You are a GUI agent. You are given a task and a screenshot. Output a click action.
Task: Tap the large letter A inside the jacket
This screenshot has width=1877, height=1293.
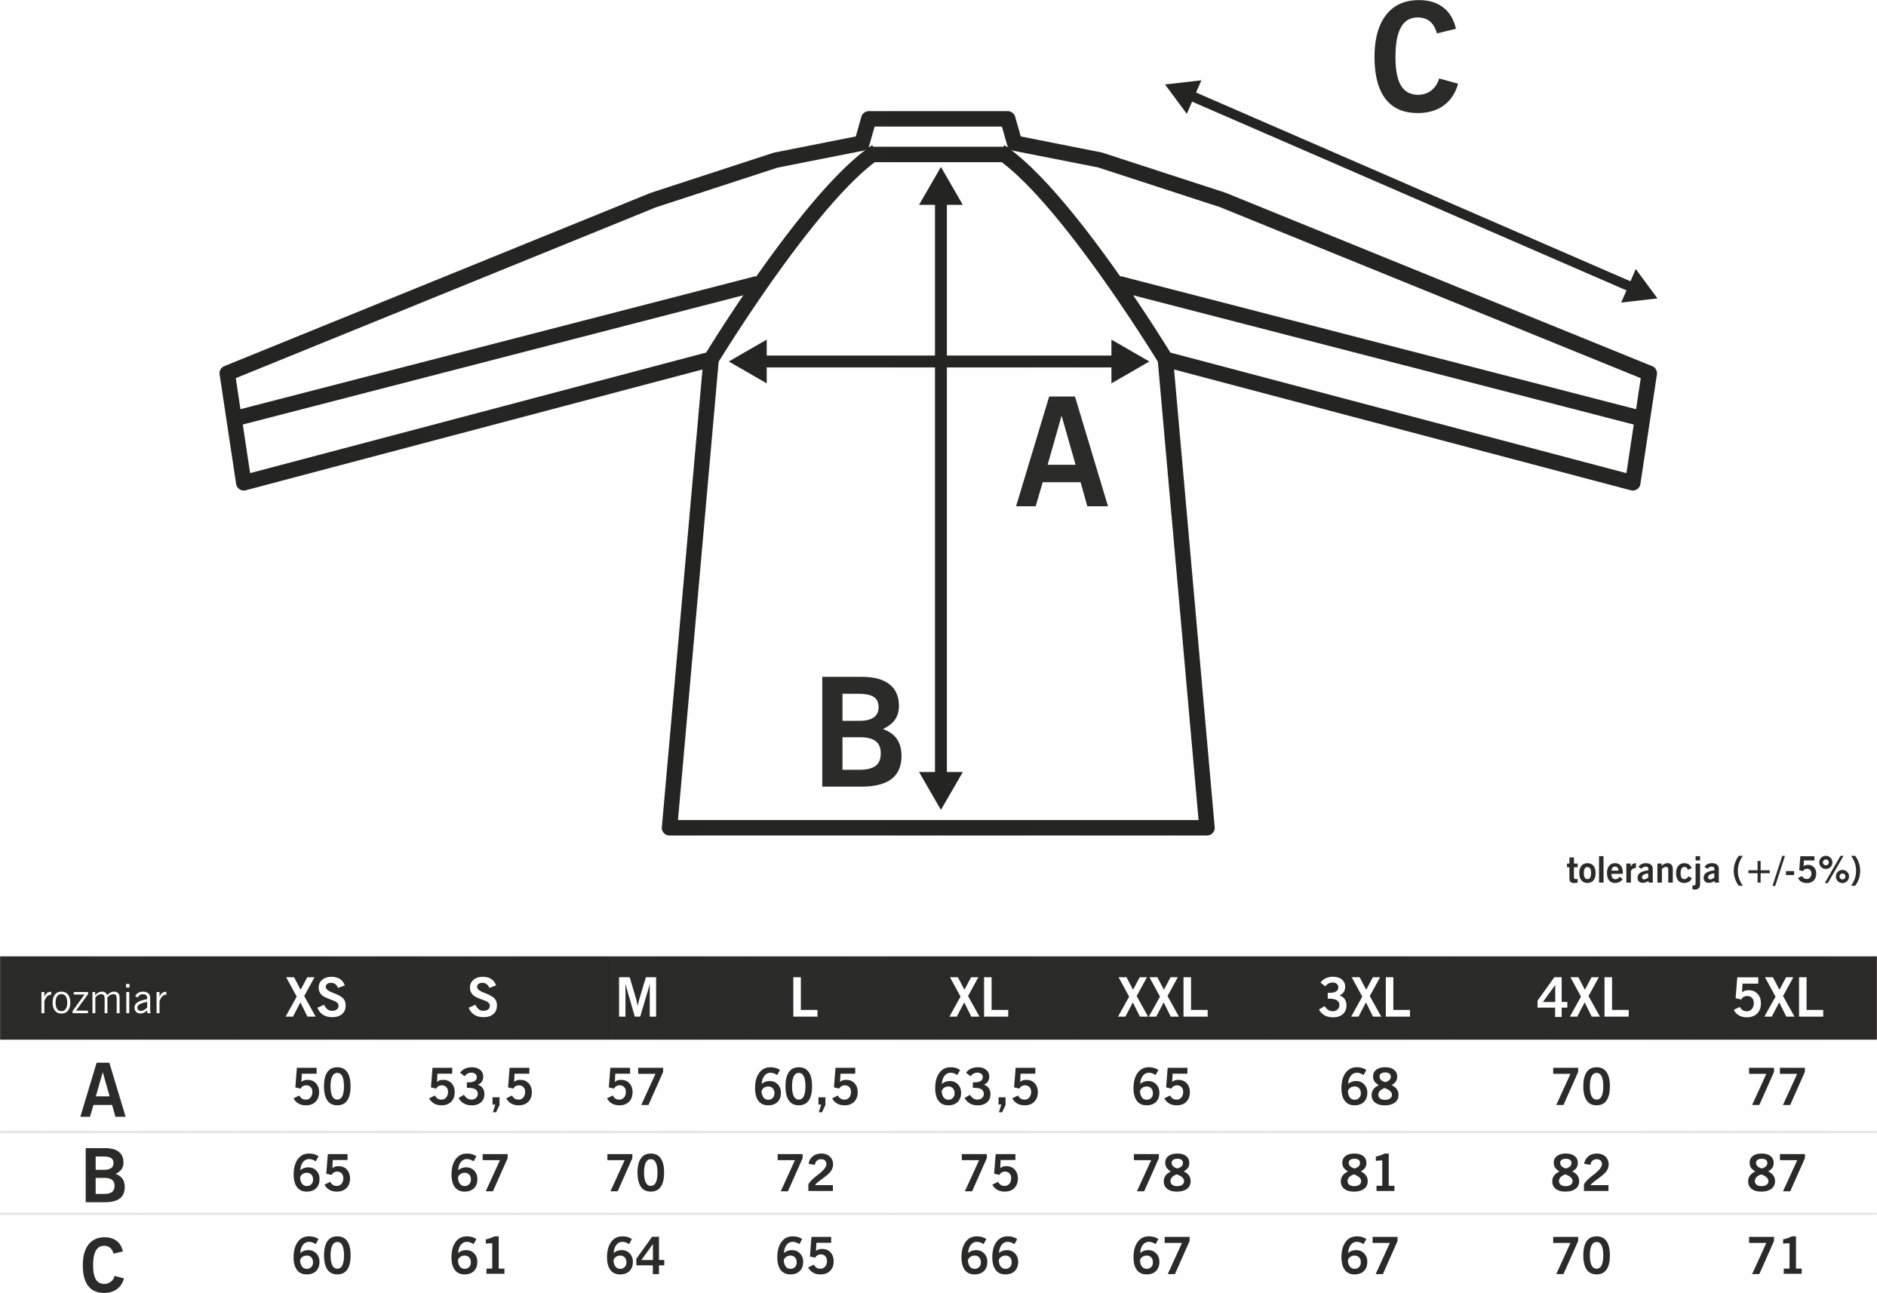tap(1061, 452)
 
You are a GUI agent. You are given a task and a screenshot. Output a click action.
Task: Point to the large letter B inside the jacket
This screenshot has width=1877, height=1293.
tap(859, 732)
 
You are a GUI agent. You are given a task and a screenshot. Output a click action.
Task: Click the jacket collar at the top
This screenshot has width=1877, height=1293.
tap(938, 131)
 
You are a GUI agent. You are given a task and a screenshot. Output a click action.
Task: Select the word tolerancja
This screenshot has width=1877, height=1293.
tap(1643, 871)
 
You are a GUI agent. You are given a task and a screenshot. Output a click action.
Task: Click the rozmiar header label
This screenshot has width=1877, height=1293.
tap(102, 1000)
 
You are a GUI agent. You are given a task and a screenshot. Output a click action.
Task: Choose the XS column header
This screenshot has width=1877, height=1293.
tap(316, 998)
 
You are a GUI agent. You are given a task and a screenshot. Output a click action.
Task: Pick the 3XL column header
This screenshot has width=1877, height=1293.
tap(1364, 998)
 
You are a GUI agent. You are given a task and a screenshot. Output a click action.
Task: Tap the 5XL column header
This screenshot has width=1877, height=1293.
tap(1778, 998)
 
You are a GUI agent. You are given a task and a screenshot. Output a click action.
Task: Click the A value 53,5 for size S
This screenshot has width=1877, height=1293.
tap(481, 1087)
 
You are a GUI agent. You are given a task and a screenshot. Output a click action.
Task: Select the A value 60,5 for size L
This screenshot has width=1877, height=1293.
tap(805, 1087)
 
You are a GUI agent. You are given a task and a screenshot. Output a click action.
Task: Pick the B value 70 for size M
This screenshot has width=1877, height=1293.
tap(635, 1172)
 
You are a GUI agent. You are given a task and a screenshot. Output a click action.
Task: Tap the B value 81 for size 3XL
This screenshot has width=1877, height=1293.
tap(1369, 1172)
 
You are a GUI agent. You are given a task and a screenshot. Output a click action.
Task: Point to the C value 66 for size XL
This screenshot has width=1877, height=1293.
tap(989, 1257)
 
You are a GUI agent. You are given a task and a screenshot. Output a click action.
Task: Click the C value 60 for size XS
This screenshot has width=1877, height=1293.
tap(321, 1257)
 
